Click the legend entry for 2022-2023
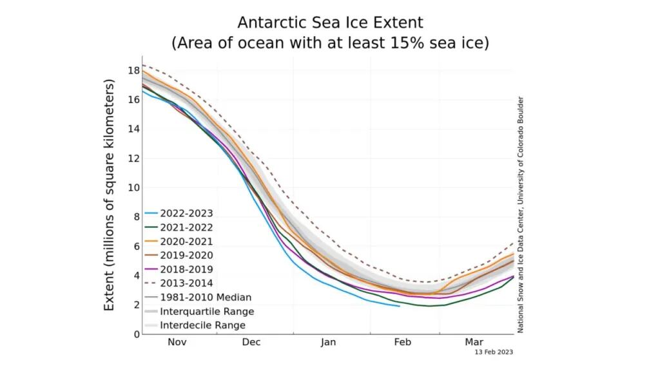[187, 213]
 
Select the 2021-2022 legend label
[187, 227]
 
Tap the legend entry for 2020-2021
[187, 241]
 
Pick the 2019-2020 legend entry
[187, 255]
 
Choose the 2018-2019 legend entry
[187, 269]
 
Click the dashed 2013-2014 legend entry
[187, 283]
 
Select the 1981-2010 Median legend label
[205, 298]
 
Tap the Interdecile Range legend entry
[202, 325]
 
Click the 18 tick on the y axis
[133, 70]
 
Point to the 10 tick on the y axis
[133, 187]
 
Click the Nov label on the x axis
[177, 342]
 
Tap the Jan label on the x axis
[328, 342]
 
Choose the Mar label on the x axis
[474, 342]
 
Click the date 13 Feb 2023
[493, 352]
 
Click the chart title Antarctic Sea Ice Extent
[330, 23]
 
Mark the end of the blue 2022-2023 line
[399, 306]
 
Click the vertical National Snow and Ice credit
[520, 214]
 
